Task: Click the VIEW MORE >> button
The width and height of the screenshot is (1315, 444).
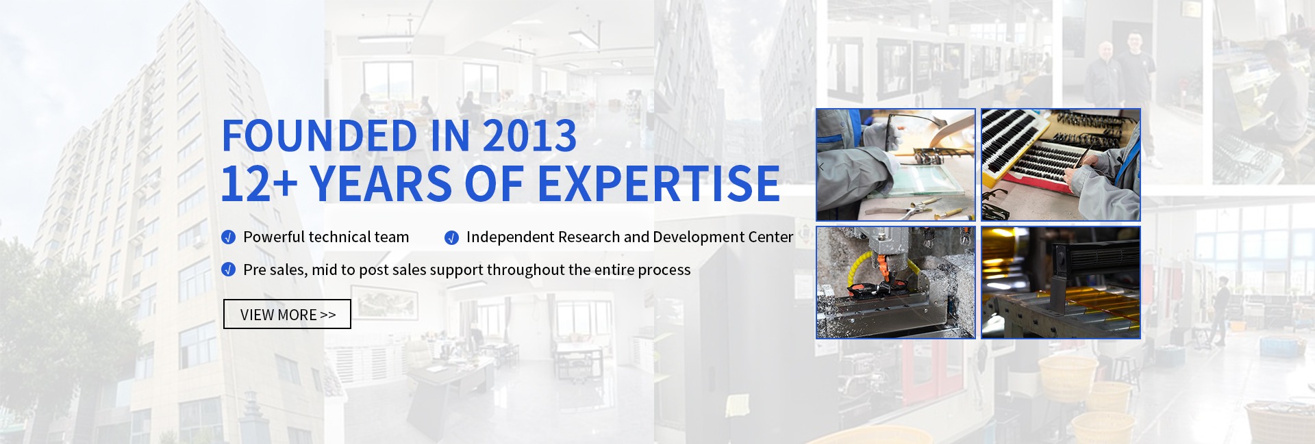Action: [287, 314]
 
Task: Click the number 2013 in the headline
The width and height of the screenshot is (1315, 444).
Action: [529, 135]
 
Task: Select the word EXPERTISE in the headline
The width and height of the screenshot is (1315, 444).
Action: [658, 183]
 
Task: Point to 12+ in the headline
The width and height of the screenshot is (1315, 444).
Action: [259, 183]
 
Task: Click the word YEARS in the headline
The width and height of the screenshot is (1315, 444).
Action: [380, 183]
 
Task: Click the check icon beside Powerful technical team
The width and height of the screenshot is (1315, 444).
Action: [229, 237]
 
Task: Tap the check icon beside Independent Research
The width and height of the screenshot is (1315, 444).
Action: [451, 237]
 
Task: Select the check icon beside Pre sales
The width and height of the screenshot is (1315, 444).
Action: [229, 270]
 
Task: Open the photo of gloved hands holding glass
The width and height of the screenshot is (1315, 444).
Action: [895, 165]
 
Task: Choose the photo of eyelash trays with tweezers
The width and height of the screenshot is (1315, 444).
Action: [1061, 165]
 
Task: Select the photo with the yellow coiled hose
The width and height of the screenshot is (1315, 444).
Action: [895, 283]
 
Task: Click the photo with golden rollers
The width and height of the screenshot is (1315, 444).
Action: [1061, 283]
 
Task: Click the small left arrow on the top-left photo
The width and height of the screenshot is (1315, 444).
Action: [821, 166]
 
